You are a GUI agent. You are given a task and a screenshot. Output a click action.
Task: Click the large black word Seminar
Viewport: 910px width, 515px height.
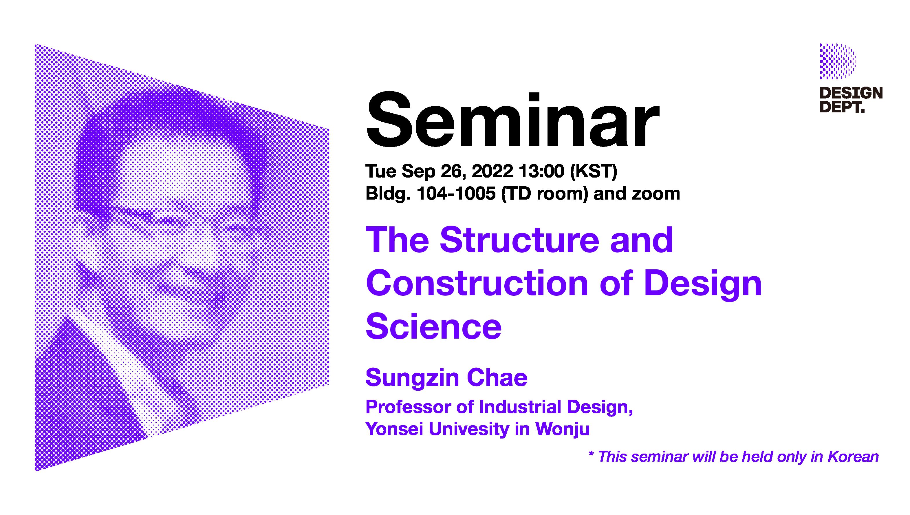pyautogui.click(x=513, y=120)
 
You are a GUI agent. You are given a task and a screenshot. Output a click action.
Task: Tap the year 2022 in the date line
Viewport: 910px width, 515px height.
pyautogui.click(x=492, y=171)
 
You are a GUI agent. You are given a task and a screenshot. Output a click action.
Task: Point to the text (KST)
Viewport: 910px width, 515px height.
pyautogui.click(x=594, y=172)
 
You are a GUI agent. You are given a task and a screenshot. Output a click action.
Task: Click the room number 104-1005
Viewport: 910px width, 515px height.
pyautogui.click(x=456, y=193)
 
